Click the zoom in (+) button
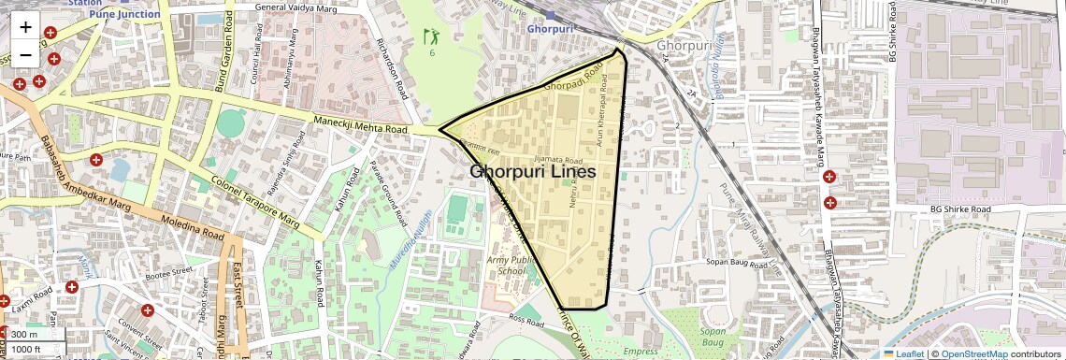[x=25, y=27]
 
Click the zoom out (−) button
[x=25, y=54]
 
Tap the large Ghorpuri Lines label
[x=532, y=172]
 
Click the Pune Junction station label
[x=124, y=14]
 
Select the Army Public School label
[x=512, y=264]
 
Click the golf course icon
[x=431, y=37]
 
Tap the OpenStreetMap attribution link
[x=974, y=353]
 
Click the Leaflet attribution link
[x=903, y=353]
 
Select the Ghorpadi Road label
[x=571, y=79]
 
